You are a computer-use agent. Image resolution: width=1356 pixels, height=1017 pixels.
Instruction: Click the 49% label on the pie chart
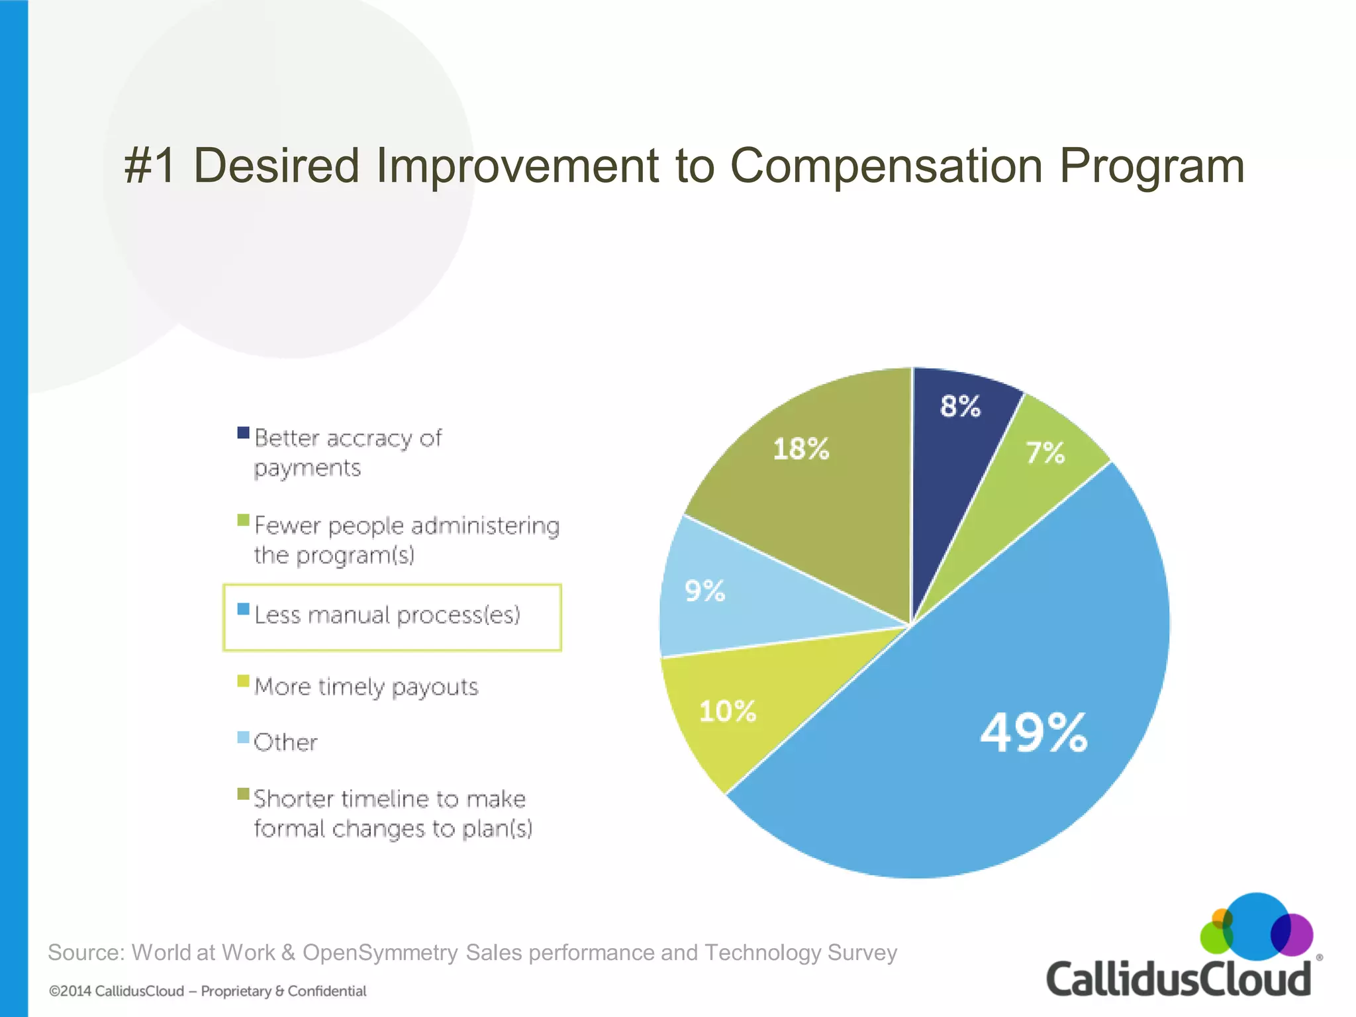tap(1034, 732)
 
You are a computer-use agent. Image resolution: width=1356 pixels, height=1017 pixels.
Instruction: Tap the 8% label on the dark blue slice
tap(960, 406)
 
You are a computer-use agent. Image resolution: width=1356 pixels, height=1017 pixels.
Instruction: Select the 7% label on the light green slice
tap(1045, 453)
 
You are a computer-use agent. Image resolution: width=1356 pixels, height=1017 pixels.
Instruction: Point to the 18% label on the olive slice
tap(801, 449)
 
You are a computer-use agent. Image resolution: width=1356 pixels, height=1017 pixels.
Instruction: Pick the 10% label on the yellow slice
tap(728, 711)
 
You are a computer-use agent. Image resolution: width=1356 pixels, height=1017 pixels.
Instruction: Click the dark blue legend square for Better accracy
tap(244, 433)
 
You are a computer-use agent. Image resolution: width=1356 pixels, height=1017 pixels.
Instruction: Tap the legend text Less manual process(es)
tap(387, 615)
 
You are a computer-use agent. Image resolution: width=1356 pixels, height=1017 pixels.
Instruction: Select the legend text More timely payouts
tap(366, 687)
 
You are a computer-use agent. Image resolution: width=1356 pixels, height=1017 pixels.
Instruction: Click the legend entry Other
tap(285, 742)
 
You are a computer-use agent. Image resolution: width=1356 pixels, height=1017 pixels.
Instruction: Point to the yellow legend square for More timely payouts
tap(244, 681)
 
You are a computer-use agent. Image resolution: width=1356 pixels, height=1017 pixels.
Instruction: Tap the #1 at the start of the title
tap(150, 166)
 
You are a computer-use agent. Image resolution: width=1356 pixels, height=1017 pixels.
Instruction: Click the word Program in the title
tap(1151, 166)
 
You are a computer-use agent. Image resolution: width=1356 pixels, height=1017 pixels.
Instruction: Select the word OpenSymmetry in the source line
tap(380, 952)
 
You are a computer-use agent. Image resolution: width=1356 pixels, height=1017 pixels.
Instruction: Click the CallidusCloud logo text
tap(1178, 980)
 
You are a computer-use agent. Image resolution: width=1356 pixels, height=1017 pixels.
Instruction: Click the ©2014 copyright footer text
tap(207, 991)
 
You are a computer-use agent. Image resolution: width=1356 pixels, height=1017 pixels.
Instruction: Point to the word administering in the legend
tap(485, 526)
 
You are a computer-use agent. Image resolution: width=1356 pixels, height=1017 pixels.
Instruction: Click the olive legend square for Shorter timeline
tap(244, 793)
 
